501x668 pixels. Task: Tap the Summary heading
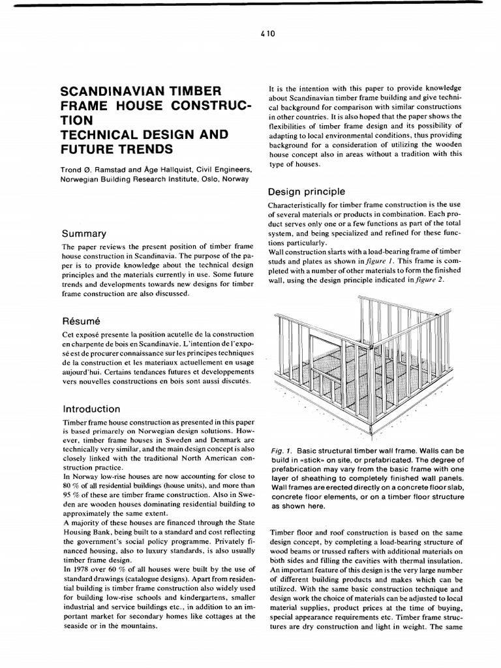[84, 233]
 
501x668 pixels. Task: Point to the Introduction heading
[91, 409]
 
